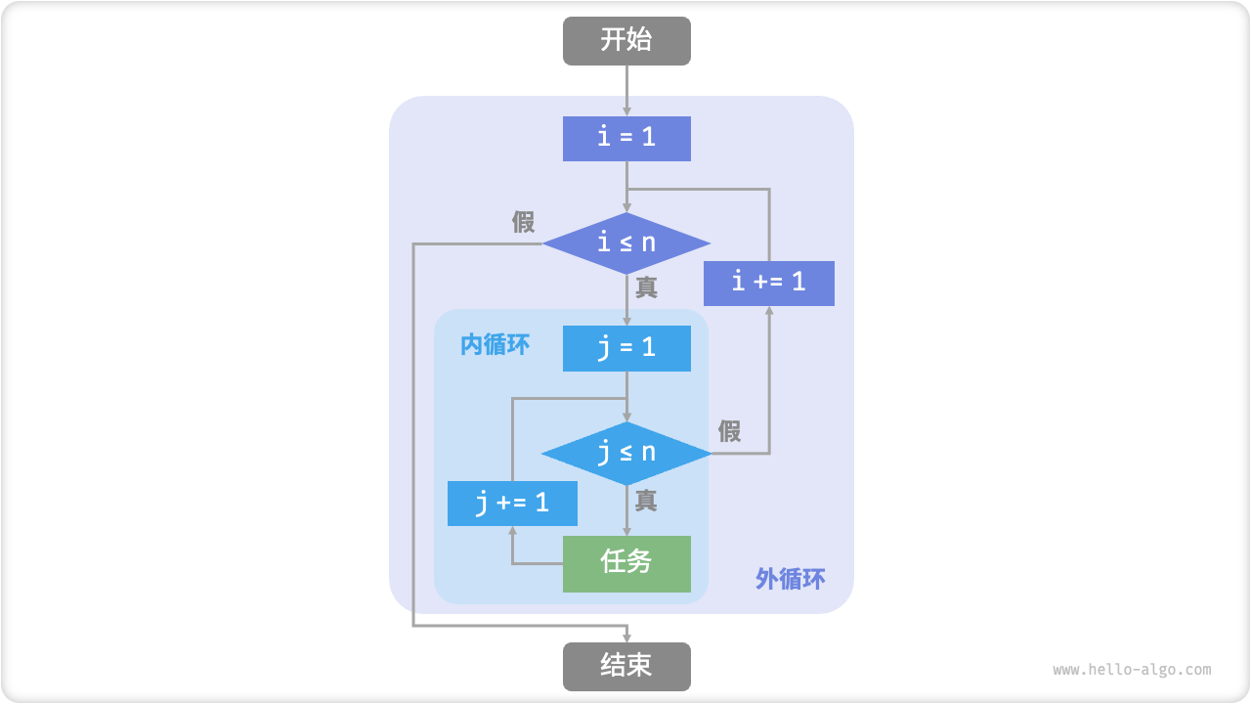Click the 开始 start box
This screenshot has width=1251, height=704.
(x=626, y=41)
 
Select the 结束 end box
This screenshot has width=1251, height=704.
(x=626, y=666)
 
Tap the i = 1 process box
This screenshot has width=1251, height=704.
(x=626, y=138)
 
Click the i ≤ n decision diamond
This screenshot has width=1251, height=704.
(x=626, y=242)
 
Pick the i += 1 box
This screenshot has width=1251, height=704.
(x=769, y=283)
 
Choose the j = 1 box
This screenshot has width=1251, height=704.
(x=626, y=348)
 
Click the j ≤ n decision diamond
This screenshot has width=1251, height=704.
(x=626, y=454)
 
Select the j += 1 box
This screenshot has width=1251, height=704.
(x=512, y=504)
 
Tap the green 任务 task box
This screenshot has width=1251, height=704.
(x=626, y=563)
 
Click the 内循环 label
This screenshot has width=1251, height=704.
(x=495, y=344)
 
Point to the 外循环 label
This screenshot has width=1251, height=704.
(x=790, y=579)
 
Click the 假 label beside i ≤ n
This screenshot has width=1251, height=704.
(x=524, y=222)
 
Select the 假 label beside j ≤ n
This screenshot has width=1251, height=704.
(x=729, y=431)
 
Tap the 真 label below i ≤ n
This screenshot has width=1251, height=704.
(x=646, y=287)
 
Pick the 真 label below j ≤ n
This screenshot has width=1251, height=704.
(x=646, y=501)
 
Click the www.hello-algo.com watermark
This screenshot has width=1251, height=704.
(x=1132, y=670)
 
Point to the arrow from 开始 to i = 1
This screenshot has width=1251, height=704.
(x=626, y=90)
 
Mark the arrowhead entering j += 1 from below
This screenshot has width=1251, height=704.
(x=512, y=532)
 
